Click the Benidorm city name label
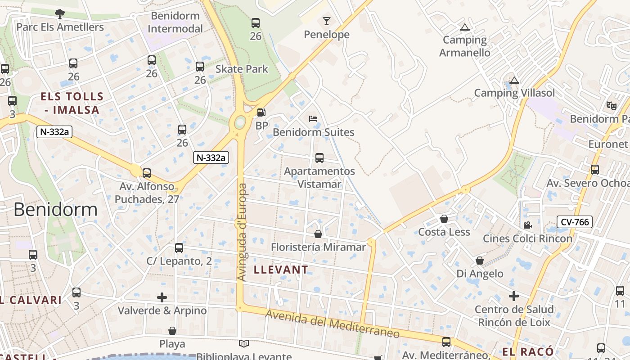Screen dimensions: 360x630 point(55,210)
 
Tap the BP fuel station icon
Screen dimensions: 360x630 point(261,112)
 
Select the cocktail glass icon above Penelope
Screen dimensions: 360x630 point(326,21)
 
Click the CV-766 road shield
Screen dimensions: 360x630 point(574,222)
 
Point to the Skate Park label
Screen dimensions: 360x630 point(242,69)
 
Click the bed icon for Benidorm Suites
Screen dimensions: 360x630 point(313,119)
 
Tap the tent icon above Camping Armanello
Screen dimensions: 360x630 point(465,27)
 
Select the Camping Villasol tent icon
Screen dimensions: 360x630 point(514,81)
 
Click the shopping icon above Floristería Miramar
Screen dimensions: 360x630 point(318,234)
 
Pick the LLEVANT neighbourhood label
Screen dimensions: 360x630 point(281,270)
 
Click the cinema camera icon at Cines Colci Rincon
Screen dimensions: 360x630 point(527,225)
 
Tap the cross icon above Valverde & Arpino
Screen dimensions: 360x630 point(162,297)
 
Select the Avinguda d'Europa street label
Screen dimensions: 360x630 point(242,232)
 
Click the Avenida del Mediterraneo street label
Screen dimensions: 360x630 point(332,324)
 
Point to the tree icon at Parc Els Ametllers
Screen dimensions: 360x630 point(59,14)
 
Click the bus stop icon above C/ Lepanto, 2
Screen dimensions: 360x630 point(179,247)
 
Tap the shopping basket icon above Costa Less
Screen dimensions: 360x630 point(444,219)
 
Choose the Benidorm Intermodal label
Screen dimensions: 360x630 point(175,22)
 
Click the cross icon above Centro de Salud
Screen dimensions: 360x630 point(514,296)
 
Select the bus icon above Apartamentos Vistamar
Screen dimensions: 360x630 point(319,158)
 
